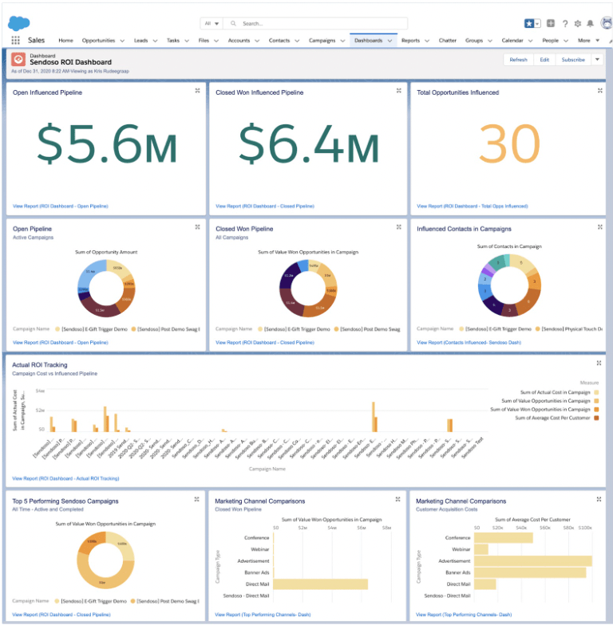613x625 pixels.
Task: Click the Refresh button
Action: tap(518, 60)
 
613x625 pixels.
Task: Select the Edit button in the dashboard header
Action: tap(544, 60)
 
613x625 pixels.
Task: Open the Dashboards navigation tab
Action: tap(368, 40)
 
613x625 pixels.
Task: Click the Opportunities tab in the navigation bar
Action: tap(98, 40)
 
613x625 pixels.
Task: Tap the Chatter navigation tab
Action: tap(447, 40)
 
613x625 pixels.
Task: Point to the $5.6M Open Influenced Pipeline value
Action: tap(107, 146)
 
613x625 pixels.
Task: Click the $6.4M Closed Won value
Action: tap(309, 146)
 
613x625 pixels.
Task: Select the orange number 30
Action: tap(508, 146)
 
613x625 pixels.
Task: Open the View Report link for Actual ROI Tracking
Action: tap(65, 479)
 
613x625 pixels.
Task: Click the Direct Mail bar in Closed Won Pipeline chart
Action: tap(320, 584)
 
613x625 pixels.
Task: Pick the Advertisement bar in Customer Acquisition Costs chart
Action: tap(532, 561)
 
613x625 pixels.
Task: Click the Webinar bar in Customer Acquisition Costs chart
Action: tap(481, 549)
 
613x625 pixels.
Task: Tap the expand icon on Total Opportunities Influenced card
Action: tap(599, 92)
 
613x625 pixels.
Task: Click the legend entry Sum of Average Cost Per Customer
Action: tap(552, 418)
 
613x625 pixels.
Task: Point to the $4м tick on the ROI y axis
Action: tap(40, 391)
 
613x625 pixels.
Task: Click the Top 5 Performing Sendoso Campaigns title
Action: tap(65, 501)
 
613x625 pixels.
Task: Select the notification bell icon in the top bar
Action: tap(590, 24)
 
